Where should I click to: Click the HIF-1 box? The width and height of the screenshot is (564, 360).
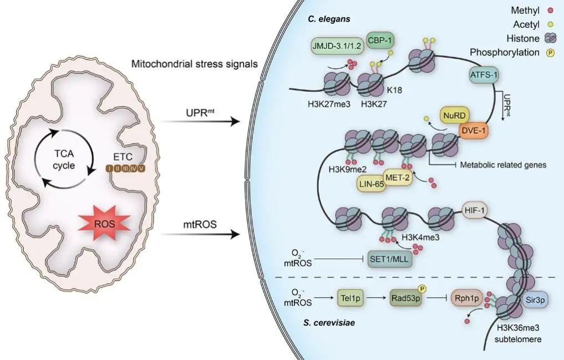[475, 210]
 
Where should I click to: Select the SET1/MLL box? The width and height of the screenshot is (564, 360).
[388, 258]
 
